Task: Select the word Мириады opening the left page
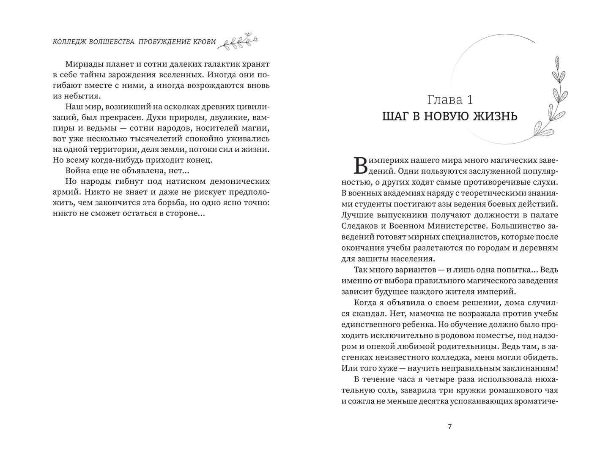coord(84,64)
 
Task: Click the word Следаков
coord(359,226)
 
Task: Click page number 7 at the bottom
coord(449,427)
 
